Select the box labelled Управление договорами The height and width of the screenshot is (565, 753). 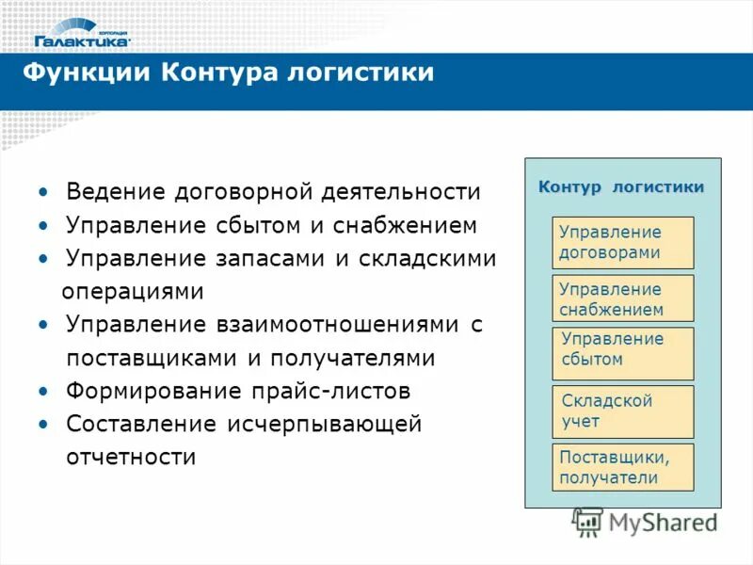pos(622,242)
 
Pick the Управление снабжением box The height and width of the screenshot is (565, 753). pos(622,299)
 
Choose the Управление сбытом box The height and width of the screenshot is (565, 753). pos(622,353)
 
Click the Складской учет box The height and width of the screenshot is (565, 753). pos(622,412)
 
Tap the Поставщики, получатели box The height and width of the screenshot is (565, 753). pos(622,467)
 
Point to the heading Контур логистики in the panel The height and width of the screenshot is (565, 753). pos(621,187)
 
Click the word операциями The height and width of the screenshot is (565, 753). pos(133,291)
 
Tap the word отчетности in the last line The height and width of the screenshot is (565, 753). pos(131,458)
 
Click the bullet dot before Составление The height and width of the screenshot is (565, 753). pos(43,425)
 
